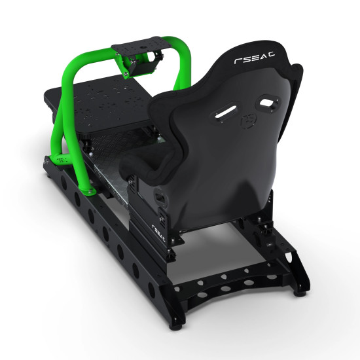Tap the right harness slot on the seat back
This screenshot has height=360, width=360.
(x=267, y=102)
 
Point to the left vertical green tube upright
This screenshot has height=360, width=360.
(x=60, y=111)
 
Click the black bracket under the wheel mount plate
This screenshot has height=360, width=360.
(x=143, y=65)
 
